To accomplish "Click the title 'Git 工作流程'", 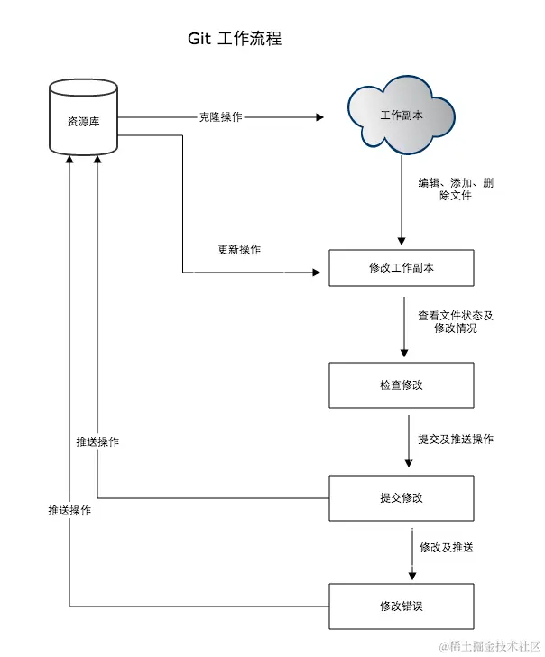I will coord(235,39).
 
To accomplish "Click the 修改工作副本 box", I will coord(401,268).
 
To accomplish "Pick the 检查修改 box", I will coord(401,384).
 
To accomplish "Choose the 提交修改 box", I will coord(401,497).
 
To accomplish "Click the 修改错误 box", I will coord(401,606).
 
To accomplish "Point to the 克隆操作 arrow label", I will coord(220,117).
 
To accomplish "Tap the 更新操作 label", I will coord(239,250).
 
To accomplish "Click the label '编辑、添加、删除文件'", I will coord(455,189).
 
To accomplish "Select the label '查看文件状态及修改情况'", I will coord(455,322).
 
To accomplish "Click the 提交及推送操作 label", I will coord(455,440).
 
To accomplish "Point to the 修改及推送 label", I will coord(446,548).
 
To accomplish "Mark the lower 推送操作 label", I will coord(69,510).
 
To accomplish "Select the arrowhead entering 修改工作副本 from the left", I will coord(317,271).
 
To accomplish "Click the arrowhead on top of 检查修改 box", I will coord(402,356).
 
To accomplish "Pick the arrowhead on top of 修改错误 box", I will coord(412,576).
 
